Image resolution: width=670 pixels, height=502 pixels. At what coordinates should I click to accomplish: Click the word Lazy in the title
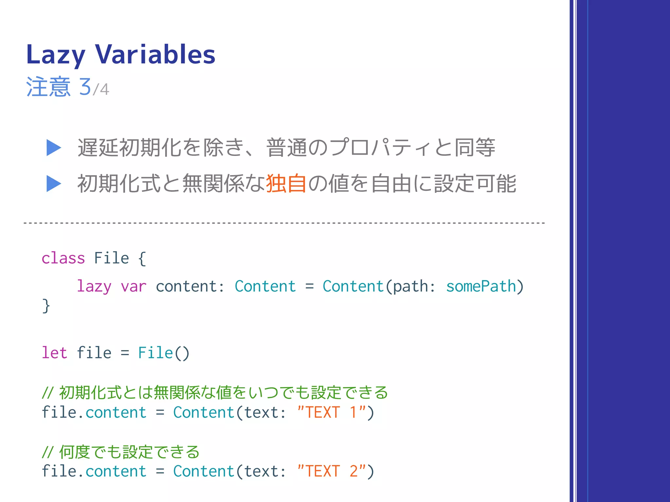[56, 55]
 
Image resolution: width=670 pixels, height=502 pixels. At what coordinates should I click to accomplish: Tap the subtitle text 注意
[48, 87]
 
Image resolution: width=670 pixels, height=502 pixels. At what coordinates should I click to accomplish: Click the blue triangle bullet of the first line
[54, 148]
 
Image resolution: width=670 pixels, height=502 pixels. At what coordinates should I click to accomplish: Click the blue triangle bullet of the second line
[54, 183]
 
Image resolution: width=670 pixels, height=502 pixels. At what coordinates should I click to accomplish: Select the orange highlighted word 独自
[286, 183]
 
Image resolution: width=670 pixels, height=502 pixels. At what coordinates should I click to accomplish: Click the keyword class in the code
[63, 258]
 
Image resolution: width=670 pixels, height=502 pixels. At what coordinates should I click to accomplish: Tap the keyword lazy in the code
[94, 287]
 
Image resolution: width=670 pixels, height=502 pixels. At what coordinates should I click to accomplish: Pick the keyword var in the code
[133, 287]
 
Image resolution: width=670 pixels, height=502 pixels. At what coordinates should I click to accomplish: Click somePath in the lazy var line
[481, 287]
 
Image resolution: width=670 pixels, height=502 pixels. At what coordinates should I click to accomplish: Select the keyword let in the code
[54, 353]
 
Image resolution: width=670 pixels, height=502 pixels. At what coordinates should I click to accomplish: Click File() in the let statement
[164, 353]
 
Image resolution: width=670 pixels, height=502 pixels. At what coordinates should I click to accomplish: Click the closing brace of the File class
[46, 306]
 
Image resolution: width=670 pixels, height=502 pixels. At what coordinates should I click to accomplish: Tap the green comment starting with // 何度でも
[121, 452]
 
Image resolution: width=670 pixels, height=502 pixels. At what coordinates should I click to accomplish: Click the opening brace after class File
[142, 258]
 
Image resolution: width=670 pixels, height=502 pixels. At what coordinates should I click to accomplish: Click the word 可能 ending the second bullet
[496, 183]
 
